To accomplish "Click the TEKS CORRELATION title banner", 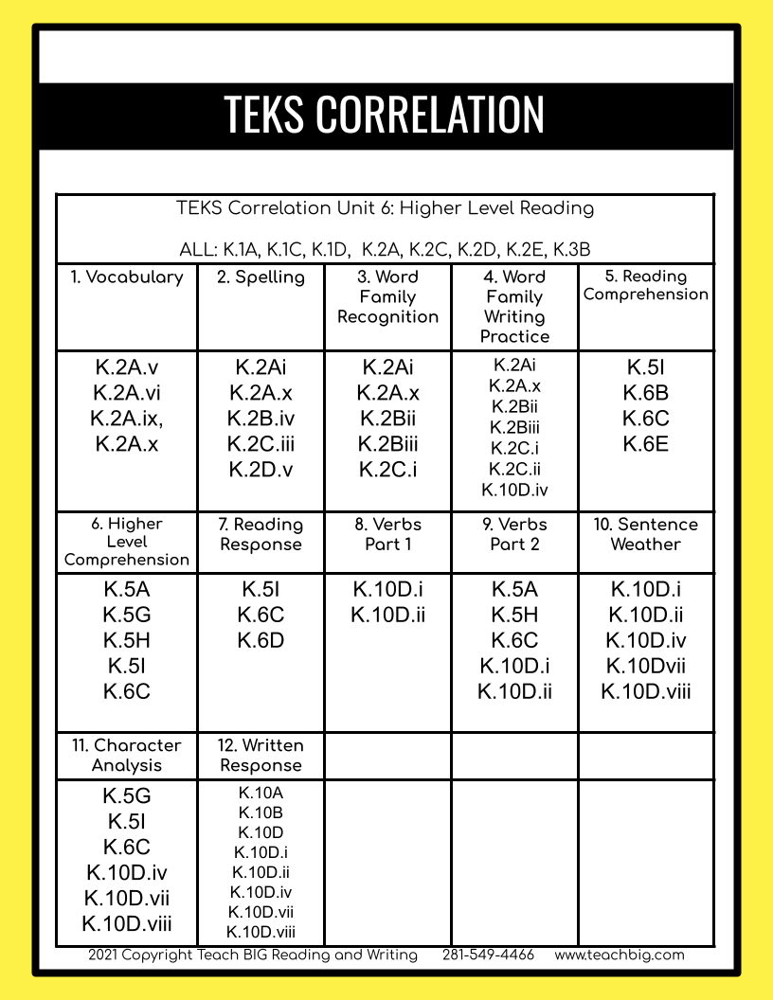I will pos(385,115).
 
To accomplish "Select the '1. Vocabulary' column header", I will pos(127,277).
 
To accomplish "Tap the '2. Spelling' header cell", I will pos(261,277).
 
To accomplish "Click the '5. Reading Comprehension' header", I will pos(645,285).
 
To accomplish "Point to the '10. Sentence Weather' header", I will pos(645,534).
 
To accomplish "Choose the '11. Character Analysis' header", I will pos(127,755).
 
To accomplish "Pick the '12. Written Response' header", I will pos(261,755).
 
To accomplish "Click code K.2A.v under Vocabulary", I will pos(127,367).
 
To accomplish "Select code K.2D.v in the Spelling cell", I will pos(261,469).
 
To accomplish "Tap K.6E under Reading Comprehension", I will pos(645,444).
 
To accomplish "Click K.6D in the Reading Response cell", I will pos(261,640).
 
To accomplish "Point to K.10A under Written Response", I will pos(261,794).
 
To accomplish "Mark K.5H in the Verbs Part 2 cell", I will pos(514,615).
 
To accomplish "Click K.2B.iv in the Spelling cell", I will pos(261,419).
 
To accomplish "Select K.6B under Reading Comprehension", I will pos(645,393).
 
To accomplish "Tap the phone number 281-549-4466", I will pos(488,955).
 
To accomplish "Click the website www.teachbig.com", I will pos(620,955).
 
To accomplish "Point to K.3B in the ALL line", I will pos(571,251).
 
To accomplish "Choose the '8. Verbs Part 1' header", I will pos(388,534).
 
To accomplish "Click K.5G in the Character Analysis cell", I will pos(127,796).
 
